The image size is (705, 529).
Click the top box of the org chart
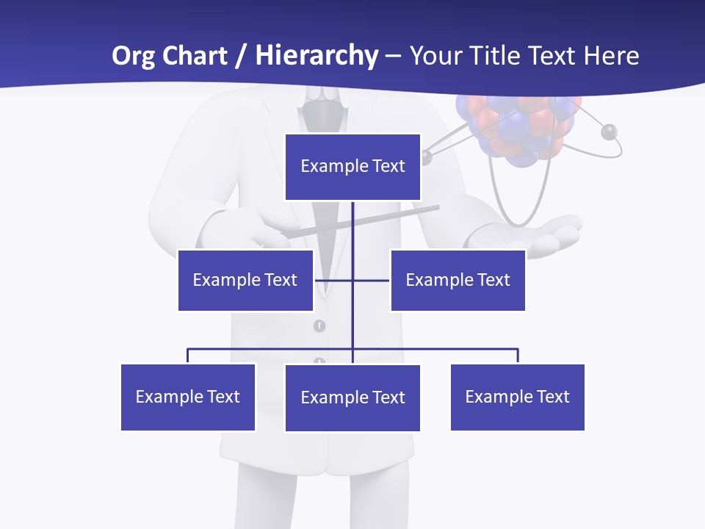click(x=352, y=167)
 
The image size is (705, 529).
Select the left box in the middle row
click(x=245, y=280)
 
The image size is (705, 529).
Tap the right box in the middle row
click(x=458, y=280)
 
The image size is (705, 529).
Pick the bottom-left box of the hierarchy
click(x=188, y=397)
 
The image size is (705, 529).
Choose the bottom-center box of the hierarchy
click(x=352, y=397)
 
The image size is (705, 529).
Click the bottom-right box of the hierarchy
click(x=517, y=397)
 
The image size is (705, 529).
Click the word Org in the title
click(x=133, y=56)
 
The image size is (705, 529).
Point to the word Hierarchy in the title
click(x=317, y=56)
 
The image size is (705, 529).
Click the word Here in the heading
click(x=611, y=56)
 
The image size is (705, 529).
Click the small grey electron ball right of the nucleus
click(x=608, y=132)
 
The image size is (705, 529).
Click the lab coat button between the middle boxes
click(x=319, y=325)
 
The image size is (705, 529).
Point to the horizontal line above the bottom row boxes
click(x=441, y=349)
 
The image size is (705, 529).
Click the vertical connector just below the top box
click(x=352, y=220)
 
